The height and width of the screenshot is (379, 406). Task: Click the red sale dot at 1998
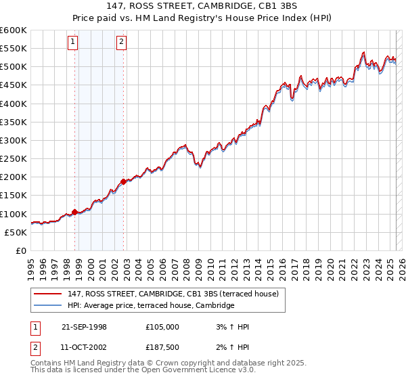coord(75,212)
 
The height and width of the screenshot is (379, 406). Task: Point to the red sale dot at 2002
coord(124,181)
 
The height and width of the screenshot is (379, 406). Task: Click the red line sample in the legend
coord(47,294)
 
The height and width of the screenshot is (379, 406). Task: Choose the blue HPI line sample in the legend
coord(47,306)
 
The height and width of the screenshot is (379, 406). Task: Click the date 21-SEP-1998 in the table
coord(84,327)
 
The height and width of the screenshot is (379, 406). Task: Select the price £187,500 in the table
coord(162,347)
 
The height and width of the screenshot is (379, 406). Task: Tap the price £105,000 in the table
coord(162,327)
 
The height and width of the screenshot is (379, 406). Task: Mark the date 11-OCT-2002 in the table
coord(84,347)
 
